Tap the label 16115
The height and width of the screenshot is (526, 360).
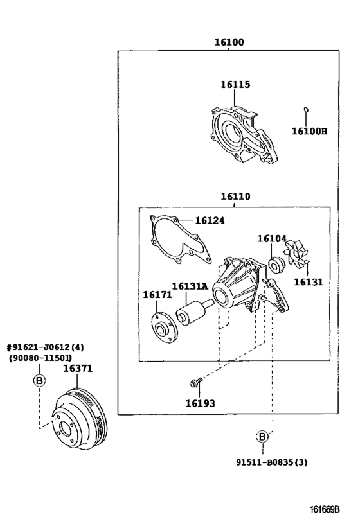pyautogui.click(x=235, y=85)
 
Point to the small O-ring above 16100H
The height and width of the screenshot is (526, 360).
pyautogui.click(x=307, y=109)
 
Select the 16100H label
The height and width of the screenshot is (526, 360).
pyautogui.click(x=309, y=132)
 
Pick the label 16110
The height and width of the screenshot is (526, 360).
pyautogui.click(x=235, y=197)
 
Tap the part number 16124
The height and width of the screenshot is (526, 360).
pyautogui.click(x=210, y=221)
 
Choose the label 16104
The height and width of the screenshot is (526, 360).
pyautogui.click(x=272, y=239)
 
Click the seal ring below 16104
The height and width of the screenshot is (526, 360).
pyautogui.click(x=276, y=264)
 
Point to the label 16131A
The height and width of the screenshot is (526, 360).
pyautogui.click(x=189, y=286)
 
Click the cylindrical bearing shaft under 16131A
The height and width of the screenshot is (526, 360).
pyautogui.click(x=191, y=312)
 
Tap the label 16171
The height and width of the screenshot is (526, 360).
pyautogui.click(x=157, y=295)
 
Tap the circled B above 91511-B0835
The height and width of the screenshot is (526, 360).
pyautogui.click(x=262, y=437)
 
